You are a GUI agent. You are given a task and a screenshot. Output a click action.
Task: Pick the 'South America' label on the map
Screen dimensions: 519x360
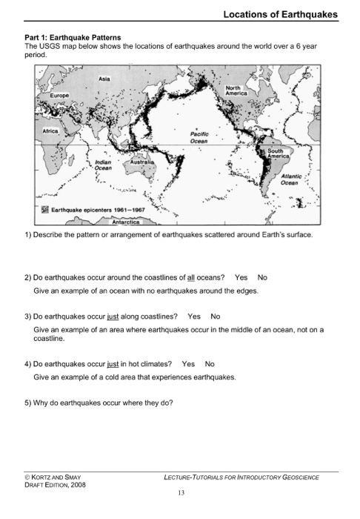(x=281, y=153)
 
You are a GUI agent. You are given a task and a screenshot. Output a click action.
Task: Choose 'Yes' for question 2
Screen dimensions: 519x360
(x=241, y=277)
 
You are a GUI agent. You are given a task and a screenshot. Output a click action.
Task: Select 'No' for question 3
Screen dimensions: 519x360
(x=216, y=316)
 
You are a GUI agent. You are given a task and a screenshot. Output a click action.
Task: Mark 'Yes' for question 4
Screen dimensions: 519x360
(x=188, y=364)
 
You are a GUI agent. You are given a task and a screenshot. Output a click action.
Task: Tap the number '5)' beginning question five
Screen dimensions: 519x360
(x=27, y=403)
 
